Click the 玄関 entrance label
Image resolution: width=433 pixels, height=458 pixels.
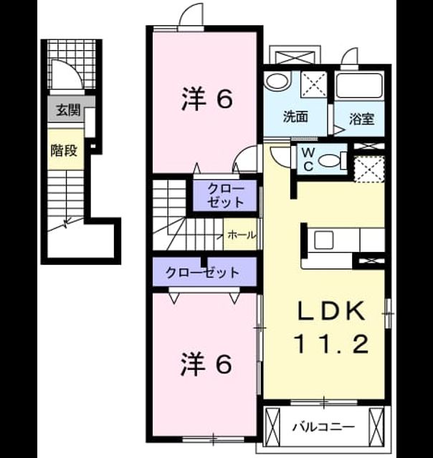click(x=68, y=110)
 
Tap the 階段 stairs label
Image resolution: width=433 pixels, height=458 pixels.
click(x=64, y=150)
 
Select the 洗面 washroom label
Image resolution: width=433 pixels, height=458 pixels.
click(x=295, y=117)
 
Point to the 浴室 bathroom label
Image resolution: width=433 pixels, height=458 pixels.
click(x=362, y=119)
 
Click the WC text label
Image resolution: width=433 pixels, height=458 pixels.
click(x=308, y=159)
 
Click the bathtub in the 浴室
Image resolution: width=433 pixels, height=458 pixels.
click(x=359, y=85)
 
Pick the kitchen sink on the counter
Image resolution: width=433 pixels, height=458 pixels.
click(x=323, y=240)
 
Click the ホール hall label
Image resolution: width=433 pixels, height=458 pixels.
click(x=242, y=235)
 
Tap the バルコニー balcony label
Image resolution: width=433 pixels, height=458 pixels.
click(x=324, y=427)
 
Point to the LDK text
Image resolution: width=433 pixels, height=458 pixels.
click(x=332, y=311)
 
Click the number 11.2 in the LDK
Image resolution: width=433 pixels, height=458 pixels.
click(x=331, y=344)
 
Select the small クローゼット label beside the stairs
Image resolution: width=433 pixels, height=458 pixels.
click(x=226, y=195)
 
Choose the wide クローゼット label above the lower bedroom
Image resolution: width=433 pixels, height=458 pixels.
click(x=202, y=273)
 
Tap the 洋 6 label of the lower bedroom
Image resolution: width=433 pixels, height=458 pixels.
click(x=206, y=364)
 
